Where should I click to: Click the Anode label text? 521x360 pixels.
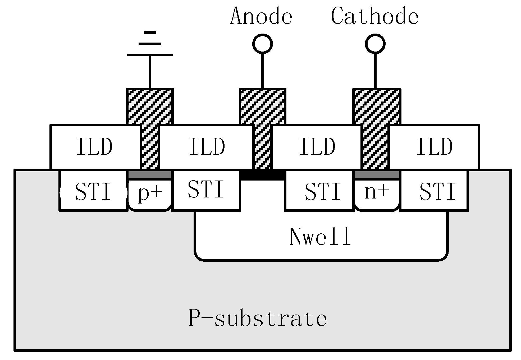(261, 16)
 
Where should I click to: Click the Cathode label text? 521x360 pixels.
(374, 16)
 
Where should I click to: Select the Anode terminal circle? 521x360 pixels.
(262, 44)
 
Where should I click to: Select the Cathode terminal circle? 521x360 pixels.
(375, 44)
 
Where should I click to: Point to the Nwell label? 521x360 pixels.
(320, 237)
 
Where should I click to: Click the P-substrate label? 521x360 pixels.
(257, 318)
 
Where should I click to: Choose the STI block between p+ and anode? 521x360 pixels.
(206, 190)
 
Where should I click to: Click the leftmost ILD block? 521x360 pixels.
(95, 147)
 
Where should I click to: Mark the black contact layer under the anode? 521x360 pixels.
(262, 175)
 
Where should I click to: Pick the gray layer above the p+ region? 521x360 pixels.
(150, 175)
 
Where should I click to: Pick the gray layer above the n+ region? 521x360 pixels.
(377, 175)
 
